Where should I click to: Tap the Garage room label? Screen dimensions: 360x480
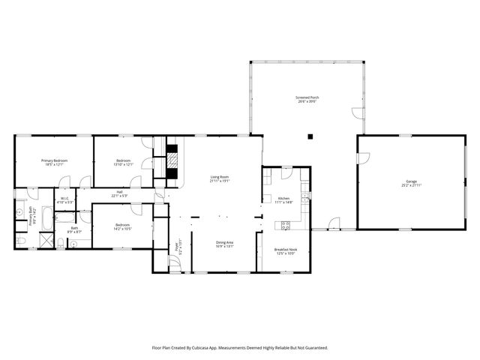click(x=411, y=181)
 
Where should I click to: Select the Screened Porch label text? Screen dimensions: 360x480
click(x=305, y=97)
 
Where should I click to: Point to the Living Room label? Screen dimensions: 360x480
click(x=219, y=177)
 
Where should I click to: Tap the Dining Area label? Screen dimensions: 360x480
click(x=224, y=242)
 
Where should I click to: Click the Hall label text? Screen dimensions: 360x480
click(x=119, y=192)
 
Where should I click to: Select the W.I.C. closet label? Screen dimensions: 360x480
click(x=65, y=199)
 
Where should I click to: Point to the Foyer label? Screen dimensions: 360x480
click(x=178, y=246)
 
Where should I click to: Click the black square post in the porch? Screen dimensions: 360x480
click(x=310, y=136)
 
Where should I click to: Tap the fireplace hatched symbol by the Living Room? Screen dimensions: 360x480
click(x=173, y=161)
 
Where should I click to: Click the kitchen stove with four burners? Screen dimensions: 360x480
click(x=285, y=225)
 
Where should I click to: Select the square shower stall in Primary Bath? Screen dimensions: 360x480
click(x=45, y=241)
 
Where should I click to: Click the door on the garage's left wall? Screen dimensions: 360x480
click(x=363, y=158)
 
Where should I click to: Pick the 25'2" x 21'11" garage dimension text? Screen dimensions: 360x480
click(x=411, y=185)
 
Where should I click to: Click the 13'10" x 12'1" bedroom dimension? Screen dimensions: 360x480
click(x=124, y=165)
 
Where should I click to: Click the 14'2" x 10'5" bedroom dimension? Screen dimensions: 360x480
click(x=122, y=229)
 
